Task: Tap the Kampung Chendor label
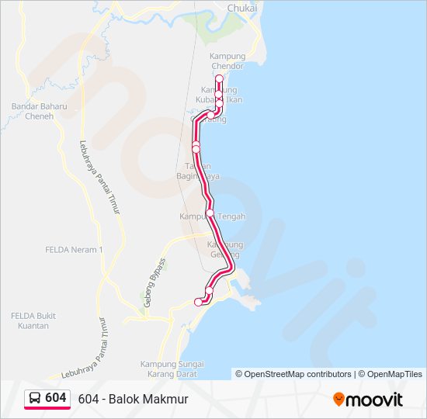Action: click(227, 61)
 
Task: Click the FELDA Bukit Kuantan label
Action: click(30, 320)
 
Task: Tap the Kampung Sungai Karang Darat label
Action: click(172, 368)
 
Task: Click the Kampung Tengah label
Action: click(213, 217)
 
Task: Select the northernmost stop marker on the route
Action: click(219, 79)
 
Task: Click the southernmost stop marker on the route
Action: click(198, 303)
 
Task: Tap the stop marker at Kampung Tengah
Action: click(210, 212)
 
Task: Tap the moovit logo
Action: click(368, 399)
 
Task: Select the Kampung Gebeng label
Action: click(225, 249)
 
